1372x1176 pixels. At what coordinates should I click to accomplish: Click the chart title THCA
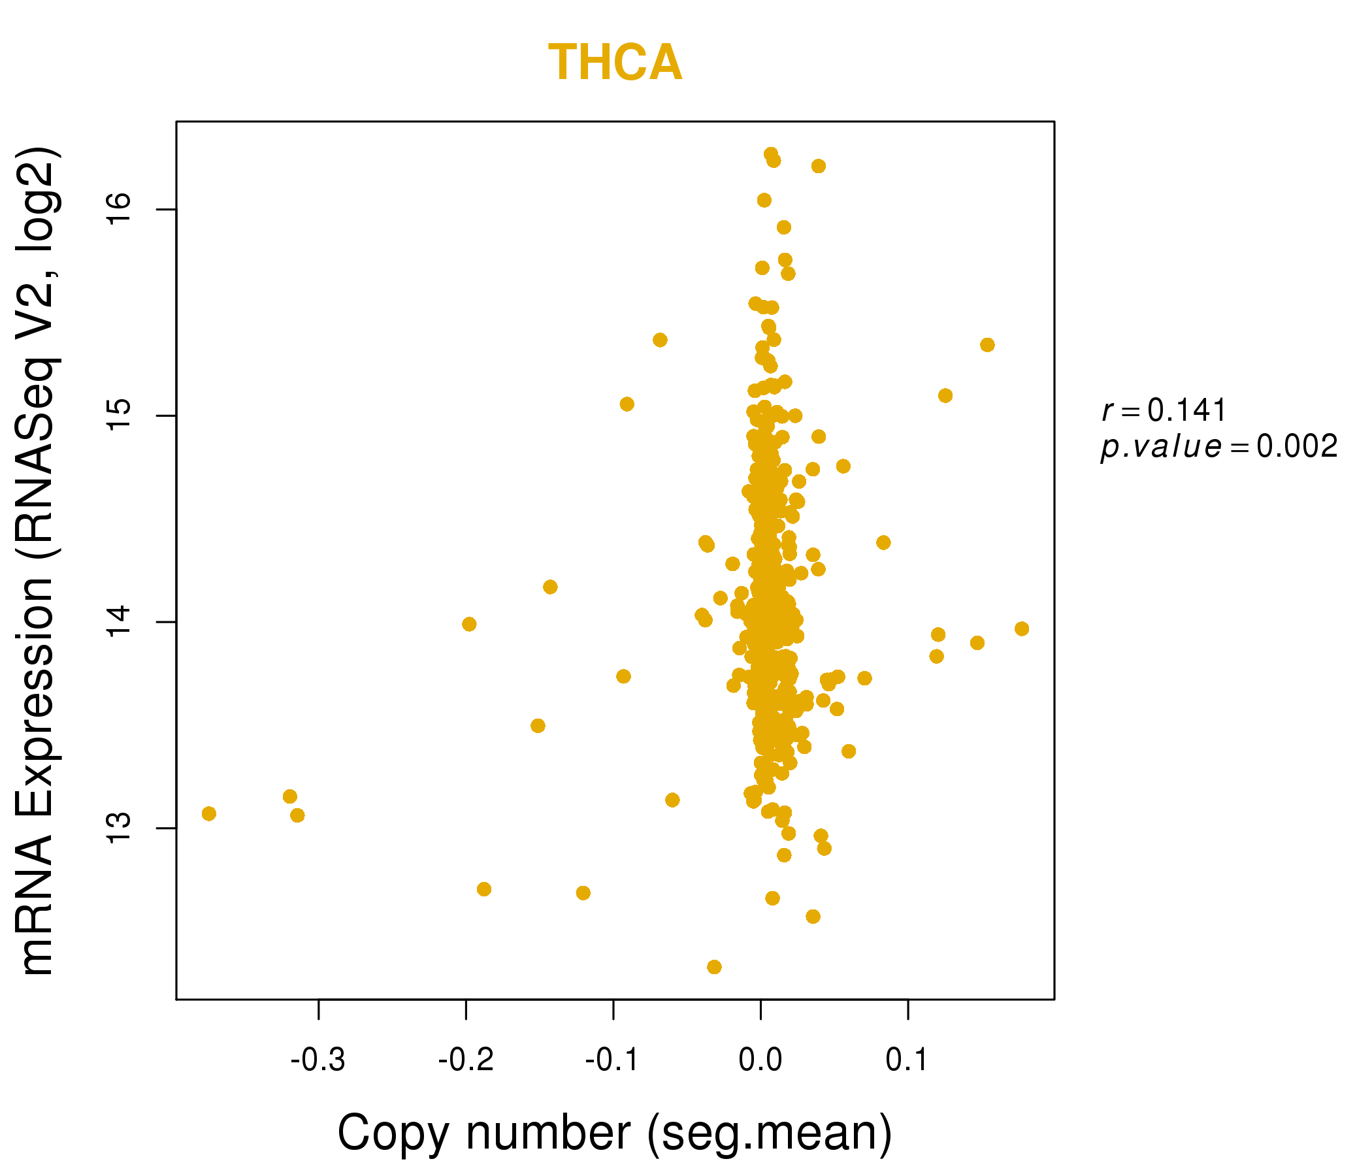615,63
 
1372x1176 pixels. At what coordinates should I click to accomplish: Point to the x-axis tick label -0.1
613,1060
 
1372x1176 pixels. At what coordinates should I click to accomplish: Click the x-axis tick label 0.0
760,1060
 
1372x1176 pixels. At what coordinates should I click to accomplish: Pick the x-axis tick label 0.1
907,1060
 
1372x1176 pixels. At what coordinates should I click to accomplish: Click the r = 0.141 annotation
1164,410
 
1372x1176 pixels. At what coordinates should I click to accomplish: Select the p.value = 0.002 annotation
1219,447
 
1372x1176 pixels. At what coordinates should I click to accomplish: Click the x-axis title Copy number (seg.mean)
615,1133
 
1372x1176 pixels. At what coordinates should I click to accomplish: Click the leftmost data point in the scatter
208,814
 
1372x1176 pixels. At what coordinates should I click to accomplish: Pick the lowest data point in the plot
714,967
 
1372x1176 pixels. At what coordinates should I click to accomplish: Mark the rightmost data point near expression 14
1022,629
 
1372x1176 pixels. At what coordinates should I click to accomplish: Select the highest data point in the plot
771,154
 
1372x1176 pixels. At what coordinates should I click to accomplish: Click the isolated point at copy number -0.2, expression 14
469,624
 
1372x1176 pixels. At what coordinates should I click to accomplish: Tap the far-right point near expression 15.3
987,345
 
